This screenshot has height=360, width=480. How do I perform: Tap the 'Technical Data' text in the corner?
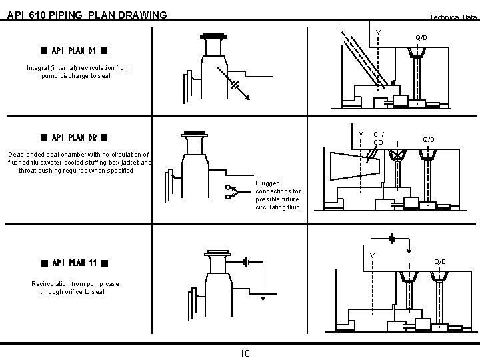pos(453,17)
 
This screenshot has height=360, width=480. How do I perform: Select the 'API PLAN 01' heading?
pos(74,50)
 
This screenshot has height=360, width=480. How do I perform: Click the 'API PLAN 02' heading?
pos(74,138)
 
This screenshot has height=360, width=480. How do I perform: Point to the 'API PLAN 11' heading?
pos(74,262)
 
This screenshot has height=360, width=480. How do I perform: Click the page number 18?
pos(244,353)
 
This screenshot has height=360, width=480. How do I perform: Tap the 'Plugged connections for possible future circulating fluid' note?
pos(278,195)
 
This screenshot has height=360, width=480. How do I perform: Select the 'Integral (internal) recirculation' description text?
pos(78,72)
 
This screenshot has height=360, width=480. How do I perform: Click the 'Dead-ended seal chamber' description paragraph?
pos(79,162)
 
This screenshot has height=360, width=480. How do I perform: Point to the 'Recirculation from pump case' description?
pos(75,287)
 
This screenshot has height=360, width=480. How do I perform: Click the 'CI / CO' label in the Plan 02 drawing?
pos(378,138)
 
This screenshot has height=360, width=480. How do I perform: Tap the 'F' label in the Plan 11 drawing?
pos(409,258)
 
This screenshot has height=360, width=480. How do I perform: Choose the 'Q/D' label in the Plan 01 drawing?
pos(421,38)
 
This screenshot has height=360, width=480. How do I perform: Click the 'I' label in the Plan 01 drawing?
pos(339,28)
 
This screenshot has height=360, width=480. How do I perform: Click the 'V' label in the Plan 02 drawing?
pos(361,133)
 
